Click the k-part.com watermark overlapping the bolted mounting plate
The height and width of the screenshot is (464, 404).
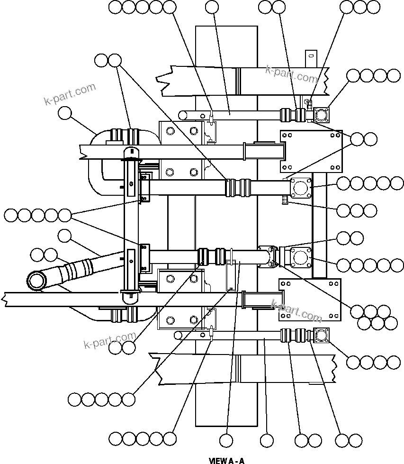point(296,309)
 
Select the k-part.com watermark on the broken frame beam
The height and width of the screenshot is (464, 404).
point(291,74)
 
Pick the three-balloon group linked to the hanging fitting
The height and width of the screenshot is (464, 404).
point(357,210)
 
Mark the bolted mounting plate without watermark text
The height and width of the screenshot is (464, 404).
point(311,150)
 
